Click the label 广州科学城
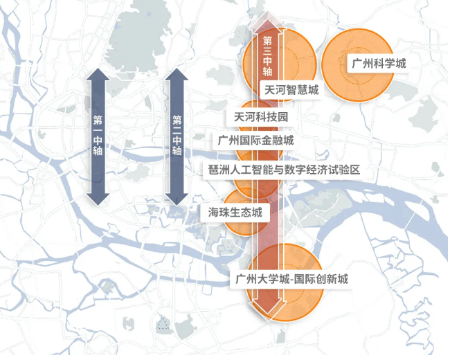point(378,64)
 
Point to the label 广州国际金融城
point(255,141)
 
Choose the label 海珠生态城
point(235,213)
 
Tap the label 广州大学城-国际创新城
point(291,280)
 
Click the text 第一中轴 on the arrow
point(98,135)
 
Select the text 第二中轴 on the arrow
point(177,135)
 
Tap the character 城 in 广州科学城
point(399,64)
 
